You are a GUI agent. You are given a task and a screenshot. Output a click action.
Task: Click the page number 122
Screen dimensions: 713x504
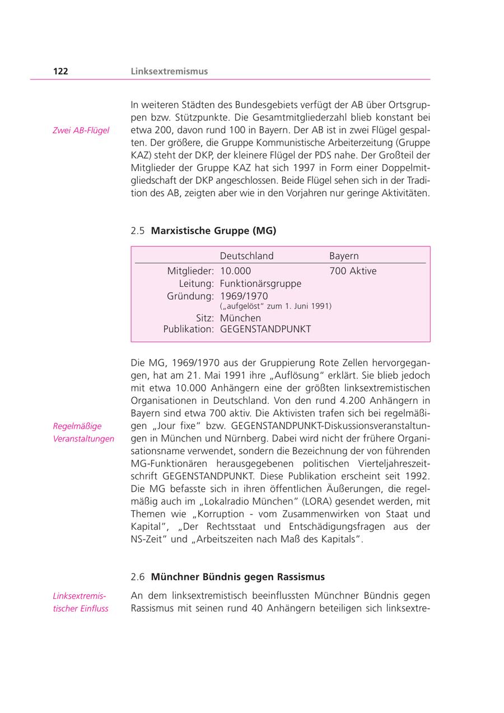pos(60,71)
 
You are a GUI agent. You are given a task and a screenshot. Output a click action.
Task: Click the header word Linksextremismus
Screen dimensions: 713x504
pos(169,71)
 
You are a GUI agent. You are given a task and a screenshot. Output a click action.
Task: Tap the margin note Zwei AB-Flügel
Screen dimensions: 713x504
pos(81,131)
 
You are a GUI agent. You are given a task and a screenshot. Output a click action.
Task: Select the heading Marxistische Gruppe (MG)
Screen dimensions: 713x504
pos(213,231)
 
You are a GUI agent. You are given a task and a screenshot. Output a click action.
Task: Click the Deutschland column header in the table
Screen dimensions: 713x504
pos(246,256)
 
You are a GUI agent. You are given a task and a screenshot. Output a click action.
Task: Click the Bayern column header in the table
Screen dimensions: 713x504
pos(344,256)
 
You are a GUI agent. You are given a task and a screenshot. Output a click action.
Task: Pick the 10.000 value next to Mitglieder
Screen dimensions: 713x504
pos(235,271)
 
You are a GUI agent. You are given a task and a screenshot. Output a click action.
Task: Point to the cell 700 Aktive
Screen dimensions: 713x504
pos(353,271)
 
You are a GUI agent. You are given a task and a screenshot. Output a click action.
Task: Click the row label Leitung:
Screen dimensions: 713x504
pos(196,283)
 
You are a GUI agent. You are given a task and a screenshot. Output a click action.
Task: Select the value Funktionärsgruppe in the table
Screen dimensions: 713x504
pos(260,283)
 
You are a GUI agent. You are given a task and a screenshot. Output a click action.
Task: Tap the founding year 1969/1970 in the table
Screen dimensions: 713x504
pos(244,296)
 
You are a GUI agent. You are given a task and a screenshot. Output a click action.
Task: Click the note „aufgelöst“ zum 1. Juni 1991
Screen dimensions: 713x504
pos(276,306)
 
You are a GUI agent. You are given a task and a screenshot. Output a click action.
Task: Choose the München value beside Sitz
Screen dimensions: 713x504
pos(240,318)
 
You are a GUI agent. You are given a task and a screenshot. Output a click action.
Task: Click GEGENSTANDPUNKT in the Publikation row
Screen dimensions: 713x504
pos(265,329)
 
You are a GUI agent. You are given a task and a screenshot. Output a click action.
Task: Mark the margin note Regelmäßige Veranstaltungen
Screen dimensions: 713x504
pos(83,432)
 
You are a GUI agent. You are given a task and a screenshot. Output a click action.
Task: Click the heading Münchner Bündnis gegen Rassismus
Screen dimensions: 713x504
pos(237,577)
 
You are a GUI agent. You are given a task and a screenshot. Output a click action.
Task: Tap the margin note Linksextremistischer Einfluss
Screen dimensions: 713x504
pos(81,602)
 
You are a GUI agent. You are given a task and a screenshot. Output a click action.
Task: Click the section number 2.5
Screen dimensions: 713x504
pos(138,231)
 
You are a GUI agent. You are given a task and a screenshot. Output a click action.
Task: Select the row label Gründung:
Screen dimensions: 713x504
pos(190,296)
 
